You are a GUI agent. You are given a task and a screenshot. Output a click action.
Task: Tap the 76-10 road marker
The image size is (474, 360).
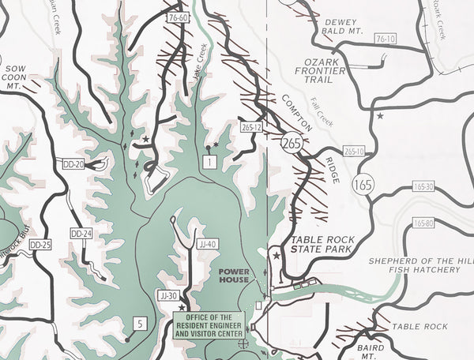click(386, 39)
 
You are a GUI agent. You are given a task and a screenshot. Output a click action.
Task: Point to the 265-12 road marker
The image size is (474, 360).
click(251, 126)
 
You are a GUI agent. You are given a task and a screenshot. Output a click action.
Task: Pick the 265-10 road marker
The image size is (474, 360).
click(354, 152)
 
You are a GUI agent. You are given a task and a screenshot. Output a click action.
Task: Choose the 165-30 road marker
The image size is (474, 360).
click(423, 187)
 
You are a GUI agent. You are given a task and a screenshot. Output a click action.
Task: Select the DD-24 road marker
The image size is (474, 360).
click(81, 234)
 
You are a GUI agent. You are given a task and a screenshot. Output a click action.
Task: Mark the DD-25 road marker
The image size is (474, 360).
click(39, 246)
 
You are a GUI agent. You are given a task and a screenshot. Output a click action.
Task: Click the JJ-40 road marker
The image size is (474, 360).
click(208, 244)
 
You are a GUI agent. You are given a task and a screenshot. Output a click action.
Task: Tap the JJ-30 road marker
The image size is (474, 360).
click(168, 296)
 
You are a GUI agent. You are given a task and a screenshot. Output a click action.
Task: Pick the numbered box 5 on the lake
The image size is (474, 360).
click(139, 323)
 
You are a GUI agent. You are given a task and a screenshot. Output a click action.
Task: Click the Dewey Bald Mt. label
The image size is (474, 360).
click(341, 26)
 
